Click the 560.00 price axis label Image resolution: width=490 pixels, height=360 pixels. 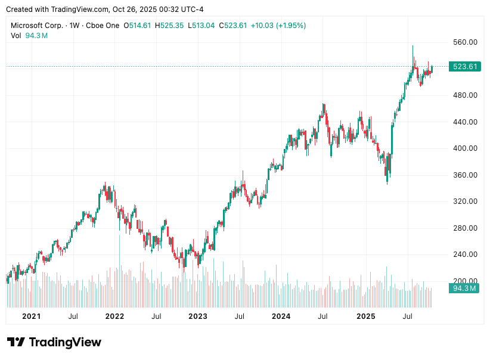click(465, 42)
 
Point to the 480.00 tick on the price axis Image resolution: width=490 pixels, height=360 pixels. click(465, 95)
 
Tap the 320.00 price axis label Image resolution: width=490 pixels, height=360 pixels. click(465, 201)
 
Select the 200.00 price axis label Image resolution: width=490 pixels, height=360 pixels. click(465, 281)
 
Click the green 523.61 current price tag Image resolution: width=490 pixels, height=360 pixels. click(465, 67)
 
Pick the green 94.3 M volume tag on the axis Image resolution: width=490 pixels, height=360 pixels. click(464, 288)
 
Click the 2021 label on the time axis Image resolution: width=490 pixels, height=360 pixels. click(31, 316)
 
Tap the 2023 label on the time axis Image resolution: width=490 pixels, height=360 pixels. click(197, 316)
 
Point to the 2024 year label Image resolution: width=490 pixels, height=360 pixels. click(281, 316)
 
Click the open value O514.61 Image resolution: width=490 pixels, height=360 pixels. click(137, 26)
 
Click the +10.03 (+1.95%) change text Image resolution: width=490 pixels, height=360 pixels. click(278, 26)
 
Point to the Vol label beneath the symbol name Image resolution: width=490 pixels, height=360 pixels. click(16, 36)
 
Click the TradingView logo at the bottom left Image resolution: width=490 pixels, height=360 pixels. click(54, 342)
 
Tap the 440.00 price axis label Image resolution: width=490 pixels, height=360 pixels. click(465, 122)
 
